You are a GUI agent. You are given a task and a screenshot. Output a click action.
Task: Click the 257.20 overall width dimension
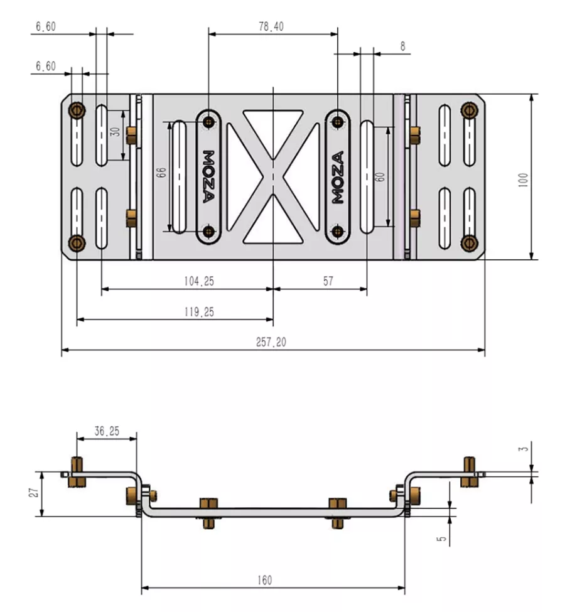[x=271, y=342]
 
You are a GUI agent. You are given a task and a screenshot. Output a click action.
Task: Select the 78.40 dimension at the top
[x=271, y=26]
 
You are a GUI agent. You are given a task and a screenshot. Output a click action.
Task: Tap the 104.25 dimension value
[x=199, y=281]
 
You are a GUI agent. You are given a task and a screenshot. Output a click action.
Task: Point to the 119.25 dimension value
[x=199, y=312]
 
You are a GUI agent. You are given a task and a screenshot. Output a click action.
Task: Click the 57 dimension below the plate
[x=328, y=281]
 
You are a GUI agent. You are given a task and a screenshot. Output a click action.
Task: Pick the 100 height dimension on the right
[x=523, y=180]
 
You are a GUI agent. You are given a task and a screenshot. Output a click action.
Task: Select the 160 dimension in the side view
[x=264, y=580]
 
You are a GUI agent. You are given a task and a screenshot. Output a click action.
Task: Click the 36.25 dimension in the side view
[x=107, y=431]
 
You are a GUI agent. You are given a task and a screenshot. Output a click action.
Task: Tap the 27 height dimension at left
[x=35, y=493]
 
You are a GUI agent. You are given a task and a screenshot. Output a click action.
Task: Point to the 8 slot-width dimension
[x=403, y=46]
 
